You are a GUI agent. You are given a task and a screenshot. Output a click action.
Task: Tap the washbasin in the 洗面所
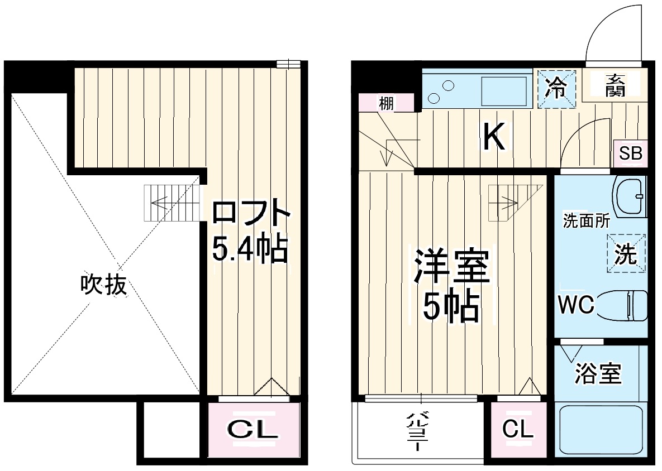[630, 196]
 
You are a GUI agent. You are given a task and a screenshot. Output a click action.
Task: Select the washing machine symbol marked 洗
[625, 254]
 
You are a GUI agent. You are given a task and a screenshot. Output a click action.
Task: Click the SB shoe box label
[631, 153]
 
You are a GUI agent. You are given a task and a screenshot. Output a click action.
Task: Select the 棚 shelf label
[385, 103]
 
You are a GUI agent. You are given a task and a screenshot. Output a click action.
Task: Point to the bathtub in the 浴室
[601, 431]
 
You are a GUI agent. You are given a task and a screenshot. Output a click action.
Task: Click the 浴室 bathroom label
[598, 374]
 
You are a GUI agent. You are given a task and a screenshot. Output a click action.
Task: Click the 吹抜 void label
[104, 285]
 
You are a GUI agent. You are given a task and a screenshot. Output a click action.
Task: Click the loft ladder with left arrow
[172, 203]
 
